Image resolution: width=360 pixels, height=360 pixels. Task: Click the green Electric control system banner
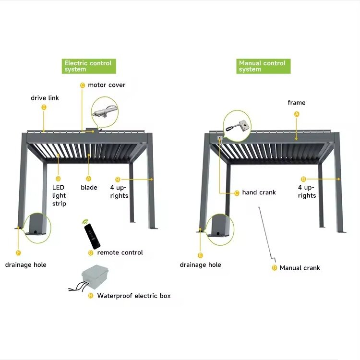(x=89, y=66)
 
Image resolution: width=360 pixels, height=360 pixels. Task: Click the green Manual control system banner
(x=264, y=66)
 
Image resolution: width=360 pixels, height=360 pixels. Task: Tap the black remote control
(x=92, y=236)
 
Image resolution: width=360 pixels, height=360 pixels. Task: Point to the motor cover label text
(x=107, y=85)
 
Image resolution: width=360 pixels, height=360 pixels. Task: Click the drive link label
(x=45, y=98)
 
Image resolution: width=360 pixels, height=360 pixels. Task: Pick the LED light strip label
(x=59, y=195)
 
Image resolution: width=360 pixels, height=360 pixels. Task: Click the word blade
(x=89, y=187)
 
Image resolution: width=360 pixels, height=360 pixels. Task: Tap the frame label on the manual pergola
(x=297, y=103)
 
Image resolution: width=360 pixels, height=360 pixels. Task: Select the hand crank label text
(x=259, y=192)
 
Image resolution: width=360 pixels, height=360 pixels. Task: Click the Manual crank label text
(x=300, y=268)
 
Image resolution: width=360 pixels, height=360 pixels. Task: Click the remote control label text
(x=120, y=252)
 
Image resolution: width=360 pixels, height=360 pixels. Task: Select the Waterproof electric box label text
(x=134, y=296)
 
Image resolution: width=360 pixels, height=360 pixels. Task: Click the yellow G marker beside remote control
(x=91, y=253)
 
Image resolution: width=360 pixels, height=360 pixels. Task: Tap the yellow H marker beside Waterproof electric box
(x=91, y=296)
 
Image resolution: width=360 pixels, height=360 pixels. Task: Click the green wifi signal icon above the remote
(x=85, y=222)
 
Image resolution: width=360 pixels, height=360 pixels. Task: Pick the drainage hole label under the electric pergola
(x=26, y=265)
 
